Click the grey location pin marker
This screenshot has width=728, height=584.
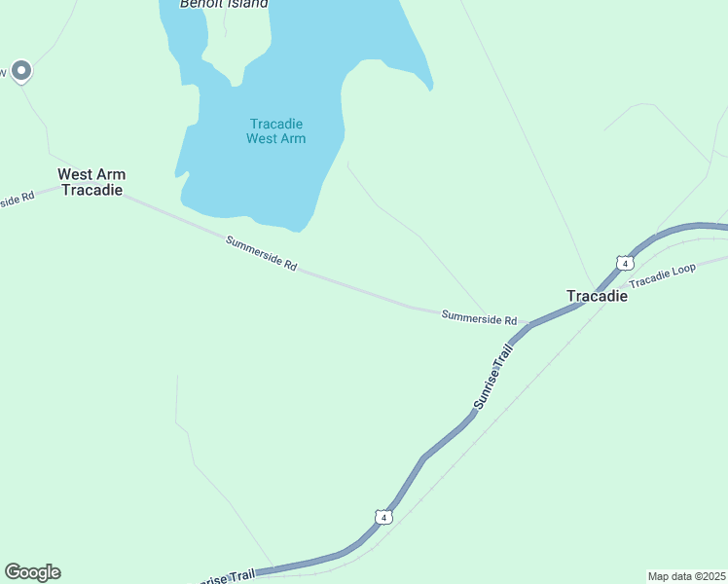pos(21,71)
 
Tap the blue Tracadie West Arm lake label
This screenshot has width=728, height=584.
pos(276,131)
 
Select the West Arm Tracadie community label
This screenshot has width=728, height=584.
pos(91,182)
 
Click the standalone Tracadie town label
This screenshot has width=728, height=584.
pos(598,296)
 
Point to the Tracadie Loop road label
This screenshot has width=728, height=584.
pos(662,274)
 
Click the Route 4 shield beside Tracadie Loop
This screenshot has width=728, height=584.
pos(625,263)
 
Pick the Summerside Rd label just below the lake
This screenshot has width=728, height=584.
pos(261,253)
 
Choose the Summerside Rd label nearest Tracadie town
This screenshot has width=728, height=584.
pos(478,317)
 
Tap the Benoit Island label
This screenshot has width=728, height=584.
pos(224,4)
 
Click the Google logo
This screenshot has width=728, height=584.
pos(32,572)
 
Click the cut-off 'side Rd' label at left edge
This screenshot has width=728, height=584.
pos(16,199)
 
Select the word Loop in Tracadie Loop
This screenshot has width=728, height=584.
pos(682,268)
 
